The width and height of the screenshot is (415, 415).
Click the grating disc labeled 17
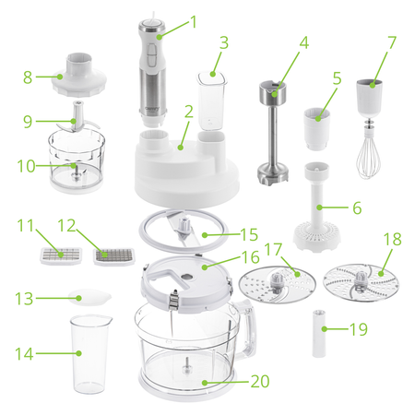pyautogui.click(x=276, y=282)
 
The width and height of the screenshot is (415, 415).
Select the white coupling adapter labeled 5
pyautogui.click(x=318, y=126)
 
